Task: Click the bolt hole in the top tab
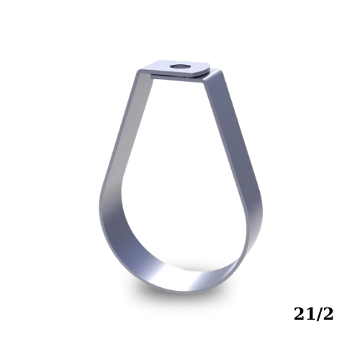click(180, 66)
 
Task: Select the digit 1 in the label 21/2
click(311, 314)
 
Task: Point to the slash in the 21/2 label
click(319, 314)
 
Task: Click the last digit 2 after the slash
click(328, 314)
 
